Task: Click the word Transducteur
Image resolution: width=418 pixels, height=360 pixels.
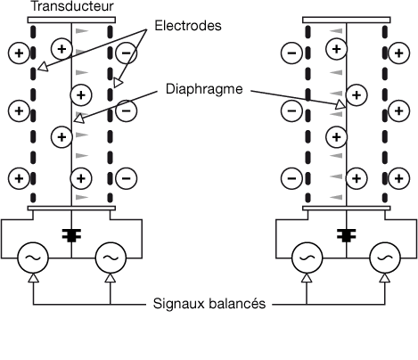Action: pos(72,6)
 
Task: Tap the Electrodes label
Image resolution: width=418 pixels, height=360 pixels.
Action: pos(188,26)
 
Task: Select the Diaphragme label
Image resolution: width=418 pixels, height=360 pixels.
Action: pos(204,89)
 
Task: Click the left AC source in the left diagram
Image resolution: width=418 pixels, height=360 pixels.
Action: pos(33,258)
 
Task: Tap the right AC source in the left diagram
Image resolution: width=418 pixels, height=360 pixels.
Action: pos(111,258)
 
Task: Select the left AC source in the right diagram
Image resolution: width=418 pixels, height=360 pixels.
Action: pos(307,258)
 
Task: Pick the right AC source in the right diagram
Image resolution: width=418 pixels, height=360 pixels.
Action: pos(385,258)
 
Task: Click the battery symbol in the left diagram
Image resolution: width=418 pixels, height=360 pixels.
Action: pos(71,235)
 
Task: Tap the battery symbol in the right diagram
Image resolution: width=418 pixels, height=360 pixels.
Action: pos(347,235)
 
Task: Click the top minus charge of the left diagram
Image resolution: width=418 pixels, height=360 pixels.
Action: pos(127,53)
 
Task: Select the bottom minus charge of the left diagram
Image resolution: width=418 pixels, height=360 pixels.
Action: pos(127,178)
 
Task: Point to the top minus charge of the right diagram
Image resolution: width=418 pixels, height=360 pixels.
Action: pos(291,53)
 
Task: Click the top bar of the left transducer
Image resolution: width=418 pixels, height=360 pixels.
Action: pos(71,20)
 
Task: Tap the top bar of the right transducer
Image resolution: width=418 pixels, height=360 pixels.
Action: pos(347,20)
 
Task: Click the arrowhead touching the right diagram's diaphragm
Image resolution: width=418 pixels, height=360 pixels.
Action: pos(341,104)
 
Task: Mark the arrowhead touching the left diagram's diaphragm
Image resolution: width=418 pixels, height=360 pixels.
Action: pos(78,119)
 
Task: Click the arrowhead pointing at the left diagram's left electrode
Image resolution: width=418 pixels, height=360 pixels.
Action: pos(43,67)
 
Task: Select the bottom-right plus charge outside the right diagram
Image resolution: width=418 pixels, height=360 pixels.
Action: pos(399,178)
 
